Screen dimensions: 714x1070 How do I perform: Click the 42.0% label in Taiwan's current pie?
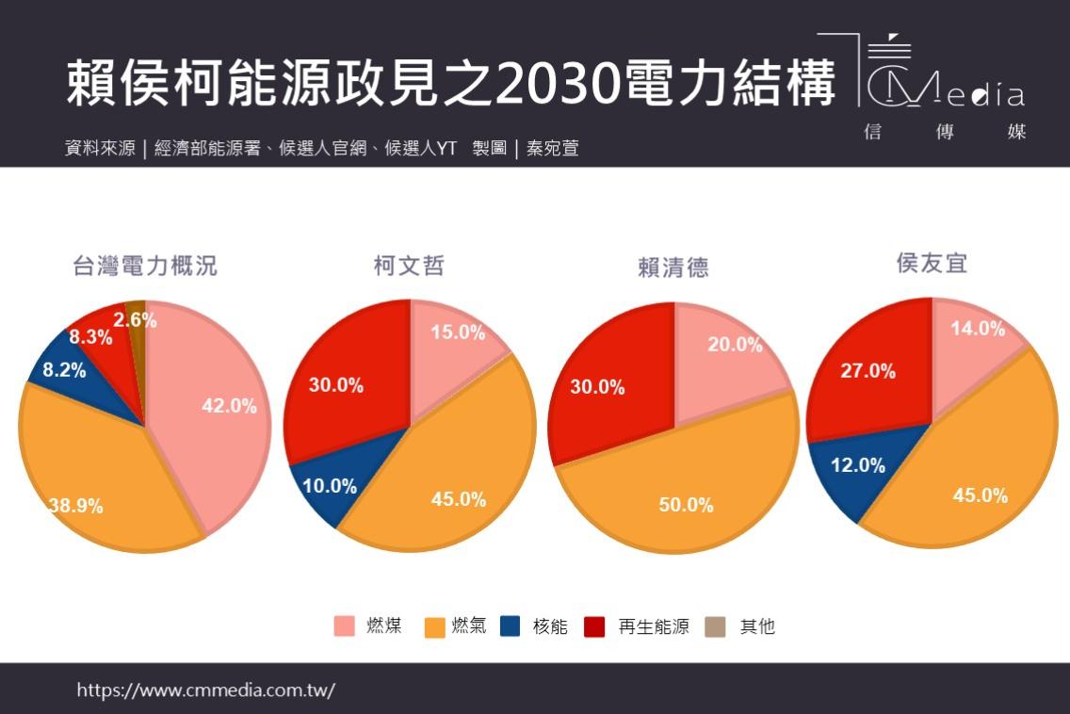pos(229,406)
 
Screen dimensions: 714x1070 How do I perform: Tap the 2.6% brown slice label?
pos(135,319)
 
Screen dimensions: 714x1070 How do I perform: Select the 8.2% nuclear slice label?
pos(63,370)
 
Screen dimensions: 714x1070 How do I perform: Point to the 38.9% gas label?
pos(75,506)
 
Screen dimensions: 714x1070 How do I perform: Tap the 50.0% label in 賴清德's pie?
pos(686,505)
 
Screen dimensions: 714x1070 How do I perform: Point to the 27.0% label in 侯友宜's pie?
pos(868,371)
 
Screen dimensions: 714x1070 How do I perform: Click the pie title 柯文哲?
pos(409,267)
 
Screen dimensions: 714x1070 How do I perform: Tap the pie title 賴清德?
pos(673,268)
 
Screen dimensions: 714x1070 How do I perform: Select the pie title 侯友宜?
pos(932,264)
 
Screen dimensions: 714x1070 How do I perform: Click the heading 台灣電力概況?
pos(145,267)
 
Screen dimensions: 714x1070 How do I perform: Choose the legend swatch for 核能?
pos(510,626)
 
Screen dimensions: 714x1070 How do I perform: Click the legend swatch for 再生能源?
pos(594,626)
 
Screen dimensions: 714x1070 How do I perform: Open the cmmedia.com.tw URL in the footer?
pos(205,690)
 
